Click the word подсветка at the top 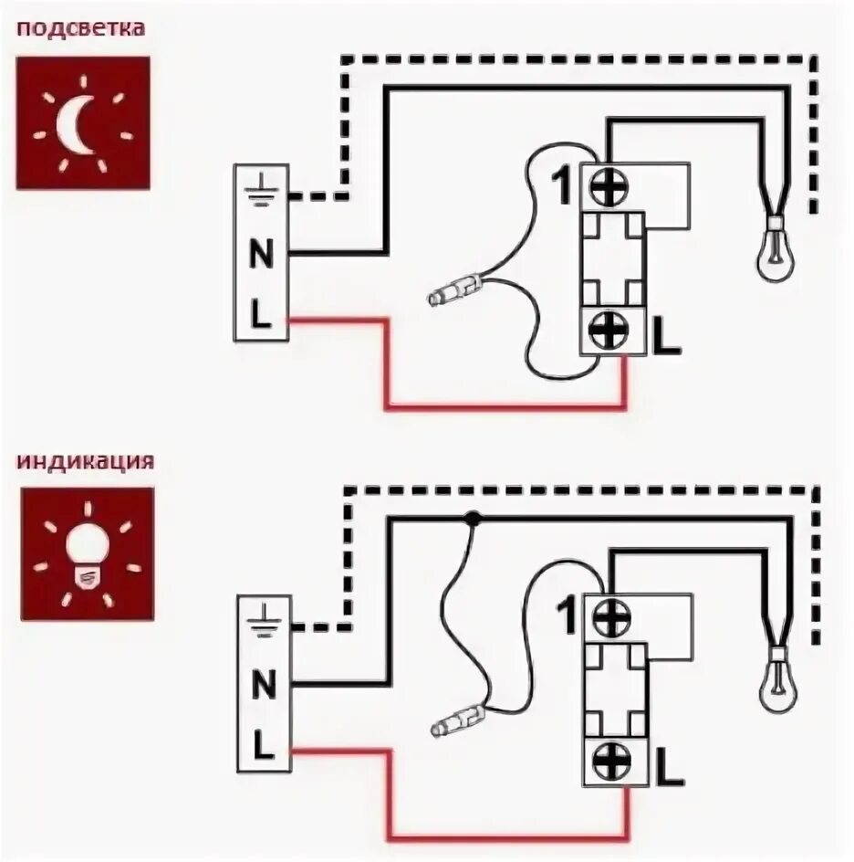pos(81,28)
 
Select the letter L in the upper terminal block pos(262,318)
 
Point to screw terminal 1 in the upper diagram pos(603,187)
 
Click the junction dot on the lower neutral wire pos(472,519)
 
